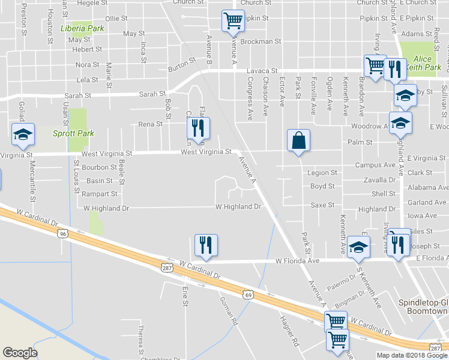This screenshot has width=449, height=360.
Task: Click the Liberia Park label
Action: click(83, 28)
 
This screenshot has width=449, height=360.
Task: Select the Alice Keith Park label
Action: click(427, 64)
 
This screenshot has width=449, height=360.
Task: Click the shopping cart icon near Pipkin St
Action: click(232, 22)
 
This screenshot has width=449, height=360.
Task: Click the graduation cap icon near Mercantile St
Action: click(23, 135)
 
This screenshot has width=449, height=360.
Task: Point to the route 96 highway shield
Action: click(63, 234)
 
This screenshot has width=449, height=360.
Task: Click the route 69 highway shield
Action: click(248, 295)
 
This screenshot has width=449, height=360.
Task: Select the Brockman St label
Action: click(261, 42)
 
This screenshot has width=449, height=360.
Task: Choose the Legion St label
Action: click(322, 173)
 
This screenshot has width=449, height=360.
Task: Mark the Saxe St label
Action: click(322, 205)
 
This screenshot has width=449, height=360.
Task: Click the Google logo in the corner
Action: click(20, 353)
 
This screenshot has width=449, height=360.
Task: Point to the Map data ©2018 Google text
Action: click(411, 355)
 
